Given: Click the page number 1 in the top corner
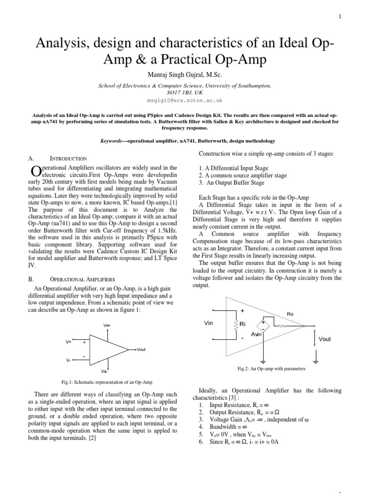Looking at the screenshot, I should (341, 16).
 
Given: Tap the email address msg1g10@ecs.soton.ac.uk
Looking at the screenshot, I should (185, 101).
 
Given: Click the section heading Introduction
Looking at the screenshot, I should (68, 158).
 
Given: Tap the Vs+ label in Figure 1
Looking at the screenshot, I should (107, 325).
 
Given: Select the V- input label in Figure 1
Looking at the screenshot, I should (69, 360).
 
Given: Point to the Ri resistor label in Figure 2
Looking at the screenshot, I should (243, 324).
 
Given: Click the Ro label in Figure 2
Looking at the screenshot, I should (290, 313).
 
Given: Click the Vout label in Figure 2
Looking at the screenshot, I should (325, 339).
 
